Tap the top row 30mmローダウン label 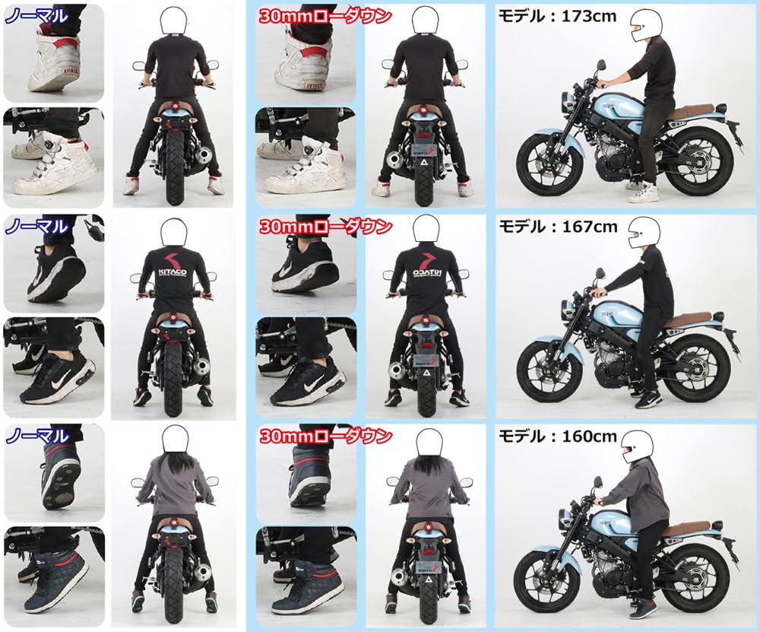click(x=325, y=15)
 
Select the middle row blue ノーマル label click(x=36, y=226)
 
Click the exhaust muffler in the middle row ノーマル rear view click(x=201, y=369)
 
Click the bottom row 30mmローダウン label click(x=325, y=437)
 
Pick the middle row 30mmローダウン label click(x=325, y=227)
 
